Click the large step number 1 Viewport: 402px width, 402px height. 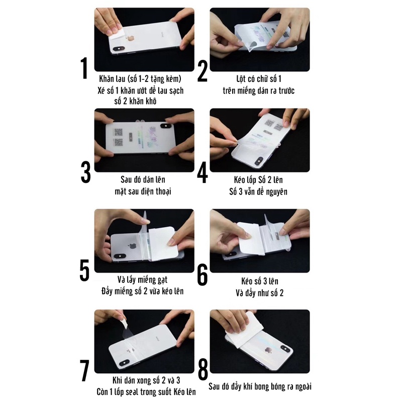84,68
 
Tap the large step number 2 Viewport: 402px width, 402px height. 203,72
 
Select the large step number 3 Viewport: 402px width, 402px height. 85,172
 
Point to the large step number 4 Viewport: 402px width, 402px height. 203,172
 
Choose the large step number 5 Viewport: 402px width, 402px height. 84,270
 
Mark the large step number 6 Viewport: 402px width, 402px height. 203,274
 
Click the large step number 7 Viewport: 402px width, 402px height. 84,370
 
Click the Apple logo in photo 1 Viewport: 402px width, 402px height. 131,39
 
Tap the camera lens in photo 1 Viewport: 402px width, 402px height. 119,48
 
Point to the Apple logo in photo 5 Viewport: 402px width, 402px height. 132,246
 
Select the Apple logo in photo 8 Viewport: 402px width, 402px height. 268,350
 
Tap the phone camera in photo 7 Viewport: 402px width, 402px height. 124,363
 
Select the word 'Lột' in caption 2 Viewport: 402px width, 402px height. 241,79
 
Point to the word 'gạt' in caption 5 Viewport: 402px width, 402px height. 162,280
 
